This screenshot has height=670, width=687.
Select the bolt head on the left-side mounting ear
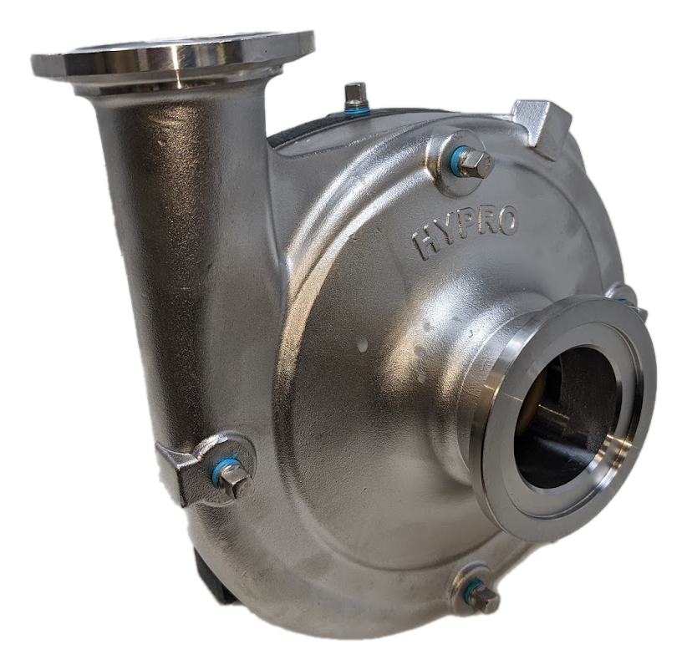coord(237,481)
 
